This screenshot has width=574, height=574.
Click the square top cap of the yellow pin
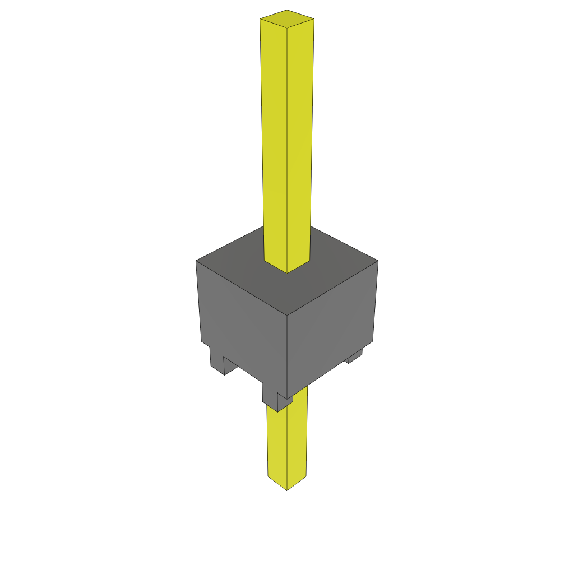(286, 18)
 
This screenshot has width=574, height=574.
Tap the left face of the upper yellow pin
(274, 140)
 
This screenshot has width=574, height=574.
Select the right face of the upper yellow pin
(300, 140)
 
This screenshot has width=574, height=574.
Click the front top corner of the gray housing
(287, 315)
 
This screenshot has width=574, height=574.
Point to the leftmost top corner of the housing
(196, 261)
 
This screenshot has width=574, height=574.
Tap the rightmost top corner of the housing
(378, 261)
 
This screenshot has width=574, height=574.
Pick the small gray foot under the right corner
(354, 357)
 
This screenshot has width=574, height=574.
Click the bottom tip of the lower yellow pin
(287, 490)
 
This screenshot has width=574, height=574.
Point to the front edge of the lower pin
(287, 448)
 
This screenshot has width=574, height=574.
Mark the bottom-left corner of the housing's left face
(201, 341)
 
